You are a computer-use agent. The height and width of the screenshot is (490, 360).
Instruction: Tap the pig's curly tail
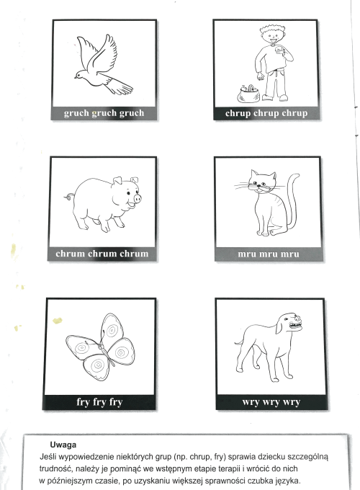(69, 197)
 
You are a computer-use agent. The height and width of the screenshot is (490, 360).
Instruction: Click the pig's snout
(137, 198)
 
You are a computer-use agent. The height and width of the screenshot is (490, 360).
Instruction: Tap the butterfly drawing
(100, 347)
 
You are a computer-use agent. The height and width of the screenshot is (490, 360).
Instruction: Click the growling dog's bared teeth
(295, 326)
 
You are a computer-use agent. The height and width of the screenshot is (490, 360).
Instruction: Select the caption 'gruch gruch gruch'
(104, 113)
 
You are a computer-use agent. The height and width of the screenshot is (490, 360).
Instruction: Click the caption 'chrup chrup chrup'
(266, 113)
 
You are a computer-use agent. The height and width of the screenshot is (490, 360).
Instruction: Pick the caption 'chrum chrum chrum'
(102, 254)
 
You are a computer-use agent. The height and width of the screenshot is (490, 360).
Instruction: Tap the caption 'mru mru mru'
(269, 254)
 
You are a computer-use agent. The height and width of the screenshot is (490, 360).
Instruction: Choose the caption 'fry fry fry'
(99, 402)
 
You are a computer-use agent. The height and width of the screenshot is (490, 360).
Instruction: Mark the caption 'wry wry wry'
(271, 402)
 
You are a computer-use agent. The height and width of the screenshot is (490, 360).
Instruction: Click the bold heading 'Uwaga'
(63, 445)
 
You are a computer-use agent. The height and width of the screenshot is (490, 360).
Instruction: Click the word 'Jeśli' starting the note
(48, 457)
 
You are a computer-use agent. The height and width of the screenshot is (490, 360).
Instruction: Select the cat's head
(262, 182)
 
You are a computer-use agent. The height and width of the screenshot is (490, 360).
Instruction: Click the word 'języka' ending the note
(287, 481)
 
